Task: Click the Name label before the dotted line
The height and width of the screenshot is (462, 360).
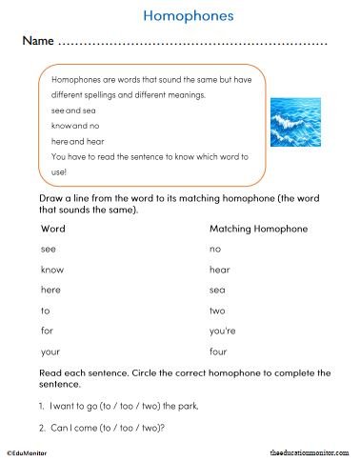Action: point(37,43)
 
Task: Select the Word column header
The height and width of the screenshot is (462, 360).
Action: point(53,229)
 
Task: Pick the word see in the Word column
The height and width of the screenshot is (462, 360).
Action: point(49,249)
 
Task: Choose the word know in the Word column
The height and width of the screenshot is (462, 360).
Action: point(52,270)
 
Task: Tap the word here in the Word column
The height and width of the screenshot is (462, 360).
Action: point(50,290)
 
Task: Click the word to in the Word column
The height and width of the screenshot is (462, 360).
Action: point(46,311)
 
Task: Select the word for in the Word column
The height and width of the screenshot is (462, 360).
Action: point(47,331)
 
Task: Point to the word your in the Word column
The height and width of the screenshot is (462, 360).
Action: point(50,352)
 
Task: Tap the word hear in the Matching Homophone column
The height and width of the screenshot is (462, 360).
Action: point(219,270)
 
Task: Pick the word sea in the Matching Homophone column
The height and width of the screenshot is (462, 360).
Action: point(217,290)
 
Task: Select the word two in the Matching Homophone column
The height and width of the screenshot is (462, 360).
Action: point(217,311)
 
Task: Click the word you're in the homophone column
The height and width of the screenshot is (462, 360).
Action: point(223,331)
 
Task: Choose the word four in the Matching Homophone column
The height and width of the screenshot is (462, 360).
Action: point(218,352)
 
